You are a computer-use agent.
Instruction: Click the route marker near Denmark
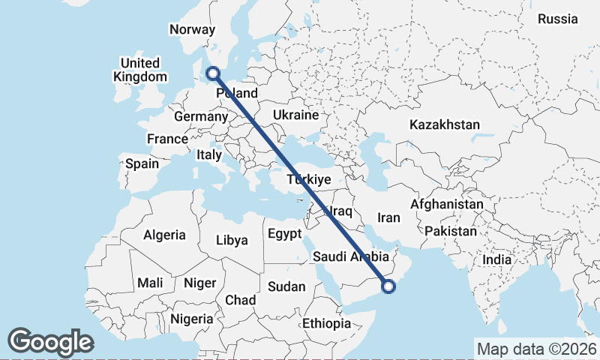(213, 73)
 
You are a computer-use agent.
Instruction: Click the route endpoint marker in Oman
(388, 285)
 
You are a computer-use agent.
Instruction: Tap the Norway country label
(193, 29)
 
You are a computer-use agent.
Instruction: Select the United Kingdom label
(140, 70)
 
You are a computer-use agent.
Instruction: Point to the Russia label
(558, 19)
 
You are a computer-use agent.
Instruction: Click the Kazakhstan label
(445, 124)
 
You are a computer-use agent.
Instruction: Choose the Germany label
(200, 117)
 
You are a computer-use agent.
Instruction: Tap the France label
(167, 139)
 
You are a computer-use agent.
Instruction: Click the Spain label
(142, 163)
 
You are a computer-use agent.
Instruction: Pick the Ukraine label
(296, 115)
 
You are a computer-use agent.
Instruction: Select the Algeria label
(164, 235)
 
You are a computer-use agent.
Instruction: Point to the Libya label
(231, 241)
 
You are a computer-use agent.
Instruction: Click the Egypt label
(284, 232)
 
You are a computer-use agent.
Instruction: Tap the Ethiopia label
(326, 323)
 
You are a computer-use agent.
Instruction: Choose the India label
(496, 259)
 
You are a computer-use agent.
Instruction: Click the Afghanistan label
(447, 204)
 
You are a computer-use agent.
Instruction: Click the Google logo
(50, 342)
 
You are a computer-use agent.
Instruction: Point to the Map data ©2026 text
(536, 349)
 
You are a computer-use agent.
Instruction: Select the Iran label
(389, 217)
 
